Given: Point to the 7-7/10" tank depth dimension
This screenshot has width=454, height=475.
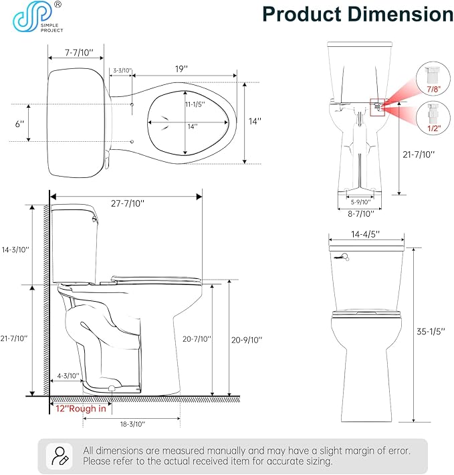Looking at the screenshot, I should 78,52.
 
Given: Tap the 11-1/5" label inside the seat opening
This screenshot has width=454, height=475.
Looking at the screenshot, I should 194,104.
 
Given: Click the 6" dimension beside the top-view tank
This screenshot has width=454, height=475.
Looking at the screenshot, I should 19,124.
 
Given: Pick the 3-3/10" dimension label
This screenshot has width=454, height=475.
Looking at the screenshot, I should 122,70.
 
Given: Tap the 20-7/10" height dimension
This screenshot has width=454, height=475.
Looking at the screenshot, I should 197,339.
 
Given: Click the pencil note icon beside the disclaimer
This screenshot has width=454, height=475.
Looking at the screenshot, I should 58,455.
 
